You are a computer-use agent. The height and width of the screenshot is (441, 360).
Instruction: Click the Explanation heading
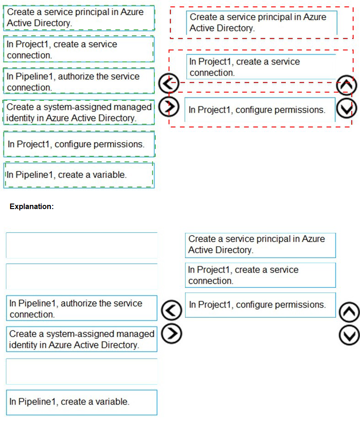[x=32, y=207]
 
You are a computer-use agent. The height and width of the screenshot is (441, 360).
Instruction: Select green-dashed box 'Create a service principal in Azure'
[x=78, y=18]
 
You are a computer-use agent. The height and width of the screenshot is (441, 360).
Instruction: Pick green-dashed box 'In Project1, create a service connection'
[x=78, y=50]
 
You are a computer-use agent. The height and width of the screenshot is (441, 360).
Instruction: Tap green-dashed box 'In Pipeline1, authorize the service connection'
[x=78, y=82]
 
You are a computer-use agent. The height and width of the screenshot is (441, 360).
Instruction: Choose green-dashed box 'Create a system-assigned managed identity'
[x=78, y=112]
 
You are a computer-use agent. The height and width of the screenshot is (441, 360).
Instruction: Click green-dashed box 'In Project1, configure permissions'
[x=78, y=144]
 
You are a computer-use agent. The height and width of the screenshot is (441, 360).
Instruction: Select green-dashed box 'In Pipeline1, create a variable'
[x=78, y=175]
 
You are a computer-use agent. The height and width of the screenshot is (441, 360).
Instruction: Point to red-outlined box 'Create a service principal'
[x=262, y=22]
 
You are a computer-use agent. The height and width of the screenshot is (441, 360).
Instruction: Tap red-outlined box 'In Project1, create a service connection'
[x=262, y=67]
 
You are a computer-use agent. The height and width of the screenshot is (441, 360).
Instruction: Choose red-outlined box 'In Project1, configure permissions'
[x=260, y=110]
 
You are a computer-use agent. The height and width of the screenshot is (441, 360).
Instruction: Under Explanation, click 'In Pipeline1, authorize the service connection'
[x=82, y=309]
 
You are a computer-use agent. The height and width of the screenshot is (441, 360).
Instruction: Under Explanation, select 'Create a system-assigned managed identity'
[x=82, y=339]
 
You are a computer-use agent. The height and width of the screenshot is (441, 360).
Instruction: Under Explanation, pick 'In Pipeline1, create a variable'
[x=82, y=402]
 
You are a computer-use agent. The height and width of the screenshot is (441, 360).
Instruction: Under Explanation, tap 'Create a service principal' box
[x=260, y=245]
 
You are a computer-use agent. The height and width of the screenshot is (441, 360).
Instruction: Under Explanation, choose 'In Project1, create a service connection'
[x=260, y=275]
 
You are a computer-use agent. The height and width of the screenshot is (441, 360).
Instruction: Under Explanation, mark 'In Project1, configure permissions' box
[x=260, y=305]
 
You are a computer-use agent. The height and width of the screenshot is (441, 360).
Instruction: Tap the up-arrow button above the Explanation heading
[x=345, y=85]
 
